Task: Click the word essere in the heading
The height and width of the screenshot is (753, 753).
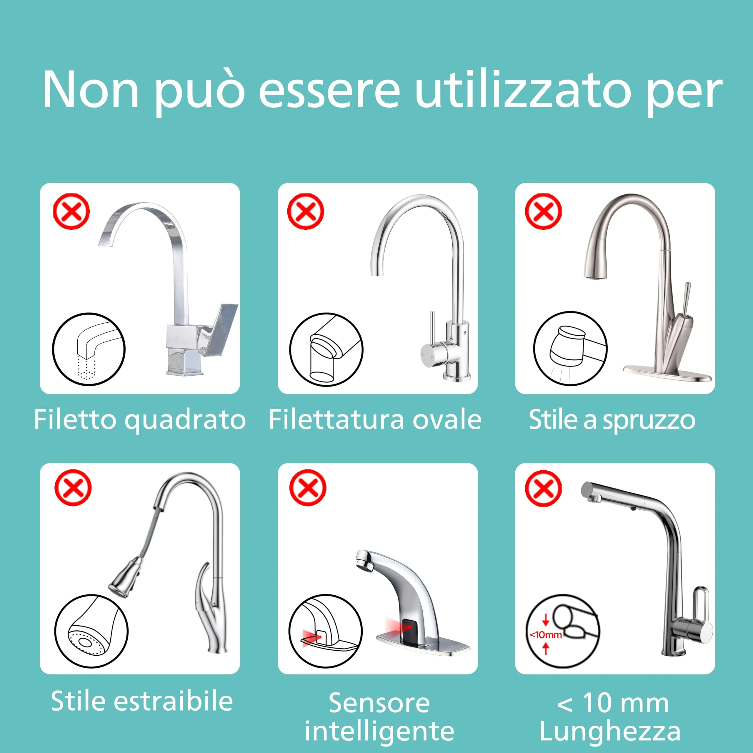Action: tap(329, 90)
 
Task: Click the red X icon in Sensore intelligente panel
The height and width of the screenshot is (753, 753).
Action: tap(307, 488)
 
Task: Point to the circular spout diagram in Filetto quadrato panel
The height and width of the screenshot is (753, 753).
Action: tap(89, 349)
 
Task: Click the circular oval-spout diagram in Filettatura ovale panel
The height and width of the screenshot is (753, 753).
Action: tap(326, 349)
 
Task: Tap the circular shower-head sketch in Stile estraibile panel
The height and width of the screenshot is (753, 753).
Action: tap(91, 631)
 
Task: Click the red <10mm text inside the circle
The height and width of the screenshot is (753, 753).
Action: tap(546, 634)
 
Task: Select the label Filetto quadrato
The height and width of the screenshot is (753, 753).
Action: tap(139, 420)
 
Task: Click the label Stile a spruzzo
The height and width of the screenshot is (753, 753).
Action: tap(612, 420)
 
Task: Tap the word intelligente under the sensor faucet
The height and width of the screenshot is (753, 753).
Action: tap(379, 731)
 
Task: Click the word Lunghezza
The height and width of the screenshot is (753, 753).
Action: tap(610, 731)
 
